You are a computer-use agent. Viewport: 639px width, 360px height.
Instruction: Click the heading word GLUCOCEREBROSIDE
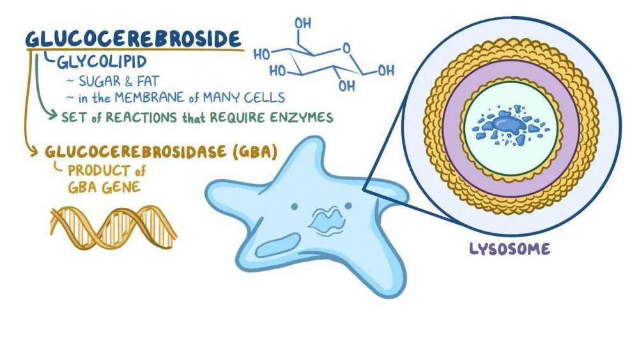133,39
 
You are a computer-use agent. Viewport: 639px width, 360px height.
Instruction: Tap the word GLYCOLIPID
102,62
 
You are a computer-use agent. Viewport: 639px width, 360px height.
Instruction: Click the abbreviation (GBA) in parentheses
255,152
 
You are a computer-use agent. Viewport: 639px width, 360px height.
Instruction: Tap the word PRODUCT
99,171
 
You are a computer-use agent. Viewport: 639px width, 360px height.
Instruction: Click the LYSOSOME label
509,249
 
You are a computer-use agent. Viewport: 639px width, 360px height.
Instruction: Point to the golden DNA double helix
114,228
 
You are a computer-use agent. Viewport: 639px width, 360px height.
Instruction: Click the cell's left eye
294,207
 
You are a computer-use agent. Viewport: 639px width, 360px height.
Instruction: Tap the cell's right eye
348,206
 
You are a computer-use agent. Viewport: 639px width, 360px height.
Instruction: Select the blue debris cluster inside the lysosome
510,125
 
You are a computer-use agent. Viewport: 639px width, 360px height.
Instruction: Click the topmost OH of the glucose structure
303,24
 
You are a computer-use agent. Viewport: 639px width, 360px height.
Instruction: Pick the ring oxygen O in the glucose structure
346,49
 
